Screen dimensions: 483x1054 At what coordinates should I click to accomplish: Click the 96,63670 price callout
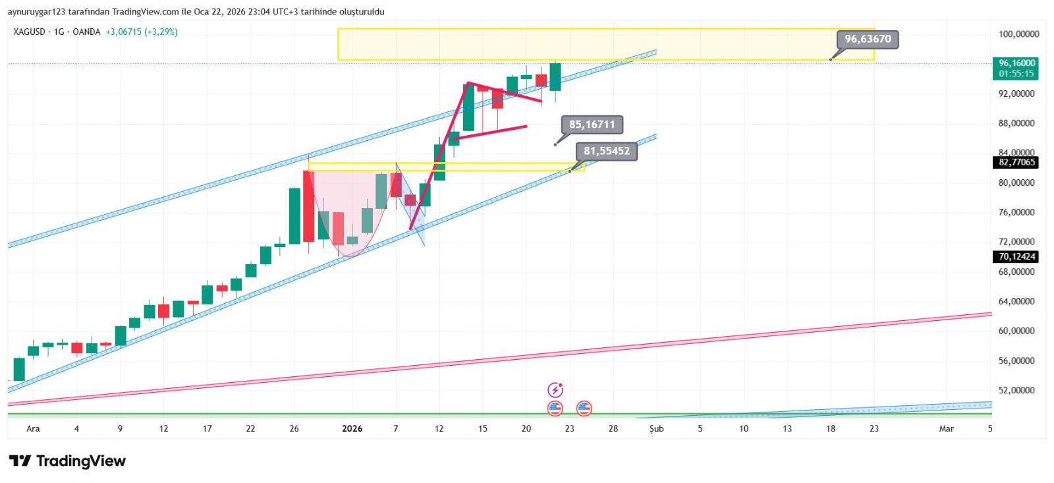pos(868,39)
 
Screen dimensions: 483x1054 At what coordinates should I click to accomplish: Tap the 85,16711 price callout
pos(592,125)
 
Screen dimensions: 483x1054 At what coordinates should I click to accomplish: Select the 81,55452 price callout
pos(607,151)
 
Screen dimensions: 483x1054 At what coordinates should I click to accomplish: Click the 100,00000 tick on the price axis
pos(1018,34)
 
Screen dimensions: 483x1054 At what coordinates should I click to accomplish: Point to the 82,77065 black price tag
pos(1017,162)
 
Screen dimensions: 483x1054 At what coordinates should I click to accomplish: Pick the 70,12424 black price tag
pos(1017,257)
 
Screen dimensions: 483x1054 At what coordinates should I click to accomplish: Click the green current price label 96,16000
pos(1016,64)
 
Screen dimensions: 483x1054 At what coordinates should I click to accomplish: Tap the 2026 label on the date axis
pos(352,429)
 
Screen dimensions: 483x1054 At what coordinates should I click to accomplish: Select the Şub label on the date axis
pos(656,429)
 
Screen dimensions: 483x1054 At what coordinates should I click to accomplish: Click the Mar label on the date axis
pos(946,429)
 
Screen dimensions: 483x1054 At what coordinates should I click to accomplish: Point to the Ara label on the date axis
pos(33,429)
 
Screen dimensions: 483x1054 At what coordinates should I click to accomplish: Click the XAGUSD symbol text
pos(29,32)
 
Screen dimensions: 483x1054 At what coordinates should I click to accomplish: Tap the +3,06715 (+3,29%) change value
pos(142,32)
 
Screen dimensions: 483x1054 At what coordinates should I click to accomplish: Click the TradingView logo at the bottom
pos(67,461)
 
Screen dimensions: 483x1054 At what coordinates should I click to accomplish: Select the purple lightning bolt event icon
pos(555,389)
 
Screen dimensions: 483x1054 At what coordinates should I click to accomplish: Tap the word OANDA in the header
pos(86,32)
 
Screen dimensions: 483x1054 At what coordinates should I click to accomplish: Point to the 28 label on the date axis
pos(613,429)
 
